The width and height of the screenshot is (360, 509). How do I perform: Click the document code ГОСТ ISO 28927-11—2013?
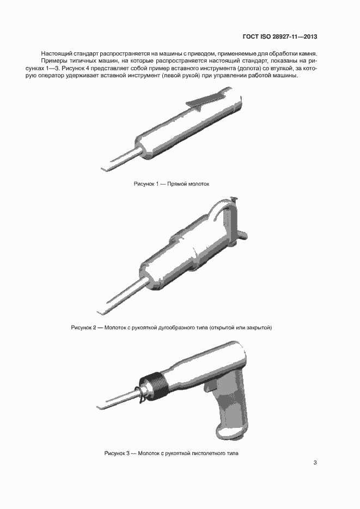pyautogui.click(x=280, y=36)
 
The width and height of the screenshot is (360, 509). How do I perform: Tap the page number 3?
pyautogui.click(x=315, y=462)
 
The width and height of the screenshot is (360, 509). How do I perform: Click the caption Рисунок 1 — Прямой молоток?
pyautogui.click(x=172, y=184)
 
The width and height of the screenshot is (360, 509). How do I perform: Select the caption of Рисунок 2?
pyautogui.click(x=172, y=327)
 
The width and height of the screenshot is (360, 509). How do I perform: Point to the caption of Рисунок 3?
pyautogui.click(x=172, y=453)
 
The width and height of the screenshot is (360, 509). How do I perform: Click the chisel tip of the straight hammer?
pyautogui.click(x=104, y=169)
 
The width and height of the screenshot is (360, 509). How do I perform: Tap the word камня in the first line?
pyautogui.click(x=308, y=53)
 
